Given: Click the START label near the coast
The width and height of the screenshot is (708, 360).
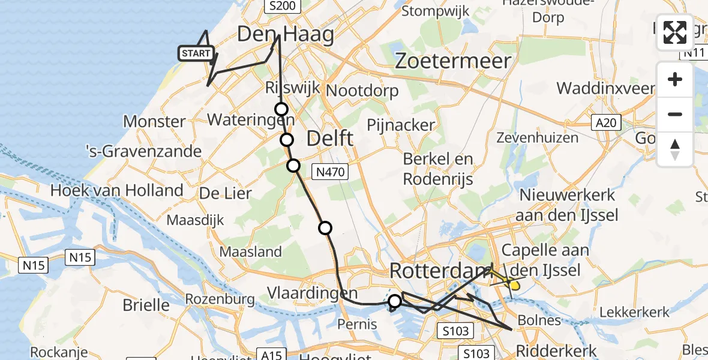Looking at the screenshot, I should tap(196, 53).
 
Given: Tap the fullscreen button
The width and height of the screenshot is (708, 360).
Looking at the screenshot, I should tap(675, 32).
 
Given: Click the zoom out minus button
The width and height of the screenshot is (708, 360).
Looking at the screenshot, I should tap(675, 114).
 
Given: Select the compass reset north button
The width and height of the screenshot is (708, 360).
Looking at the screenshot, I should tap(675, 149).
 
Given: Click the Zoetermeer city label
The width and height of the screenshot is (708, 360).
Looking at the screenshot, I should tap(453, 61).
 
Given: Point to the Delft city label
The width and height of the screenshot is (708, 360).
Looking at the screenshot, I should tap(329, 139).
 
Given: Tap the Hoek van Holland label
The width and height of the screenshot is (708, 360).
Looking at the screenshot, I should tap(117, 191).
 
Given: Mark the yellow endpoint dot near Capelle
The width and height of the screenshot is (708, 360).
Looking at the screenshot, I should tap(514, 284).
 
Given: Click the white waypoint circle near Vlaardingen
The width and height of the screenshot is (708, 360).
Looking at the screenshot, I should tap(394, 301).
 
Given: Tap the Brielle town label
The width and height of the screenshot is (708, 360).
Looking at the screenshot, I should tap(146, 304).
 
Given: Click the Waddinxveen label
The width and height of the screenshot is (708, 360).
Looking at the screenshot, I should tap(605, 88).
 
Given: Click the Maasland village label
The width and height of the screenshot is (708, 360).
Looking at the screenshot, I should tap(251, 251).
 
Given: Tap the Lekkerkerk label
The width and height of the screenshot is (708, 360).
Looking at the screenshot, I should tap(635, 312).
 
